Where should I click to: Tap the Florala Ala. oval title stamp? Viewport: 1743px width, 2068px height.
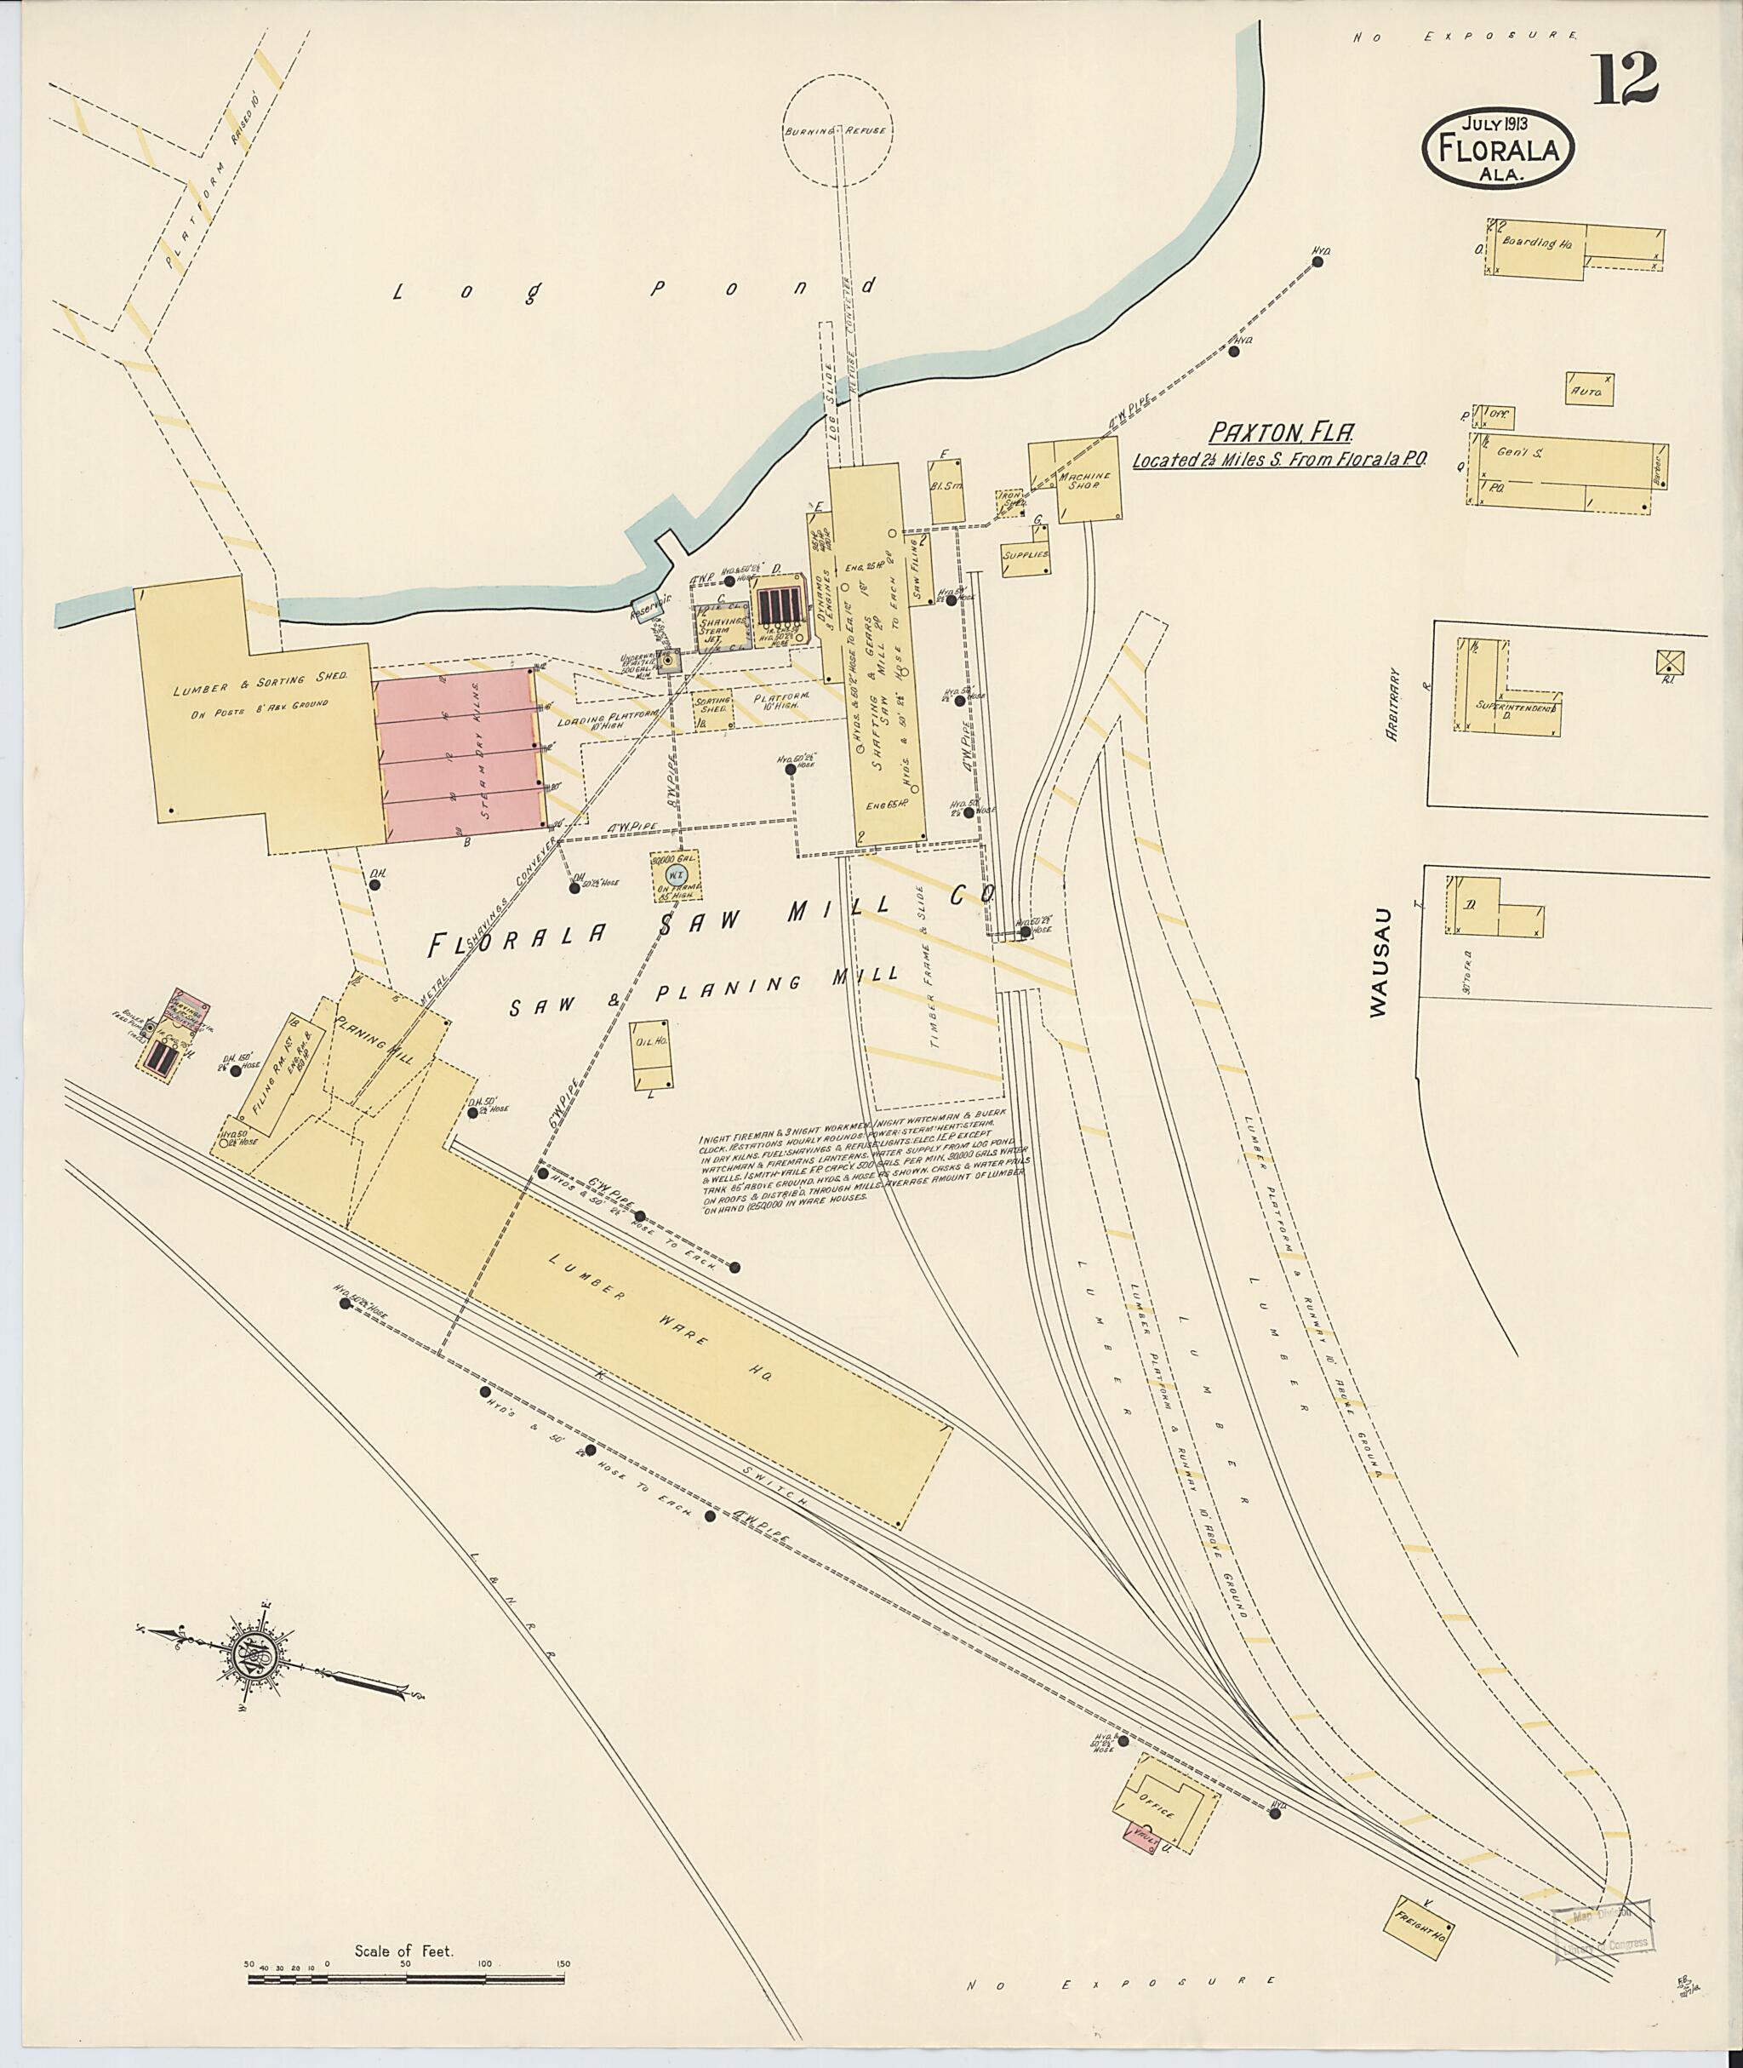1497,149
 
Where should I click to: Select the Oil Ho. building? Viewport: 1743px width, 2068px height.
652,1054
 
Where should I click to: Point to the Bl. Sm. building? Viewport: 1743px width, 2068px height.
946,490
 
